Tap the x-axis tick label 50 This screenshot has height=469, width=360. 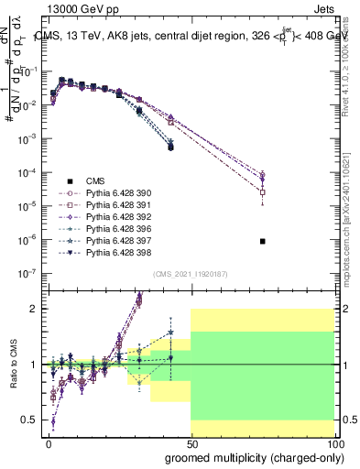click(x=191, y=442)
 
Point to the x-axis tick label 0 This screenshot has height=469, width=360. click(x=49, y=442)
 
